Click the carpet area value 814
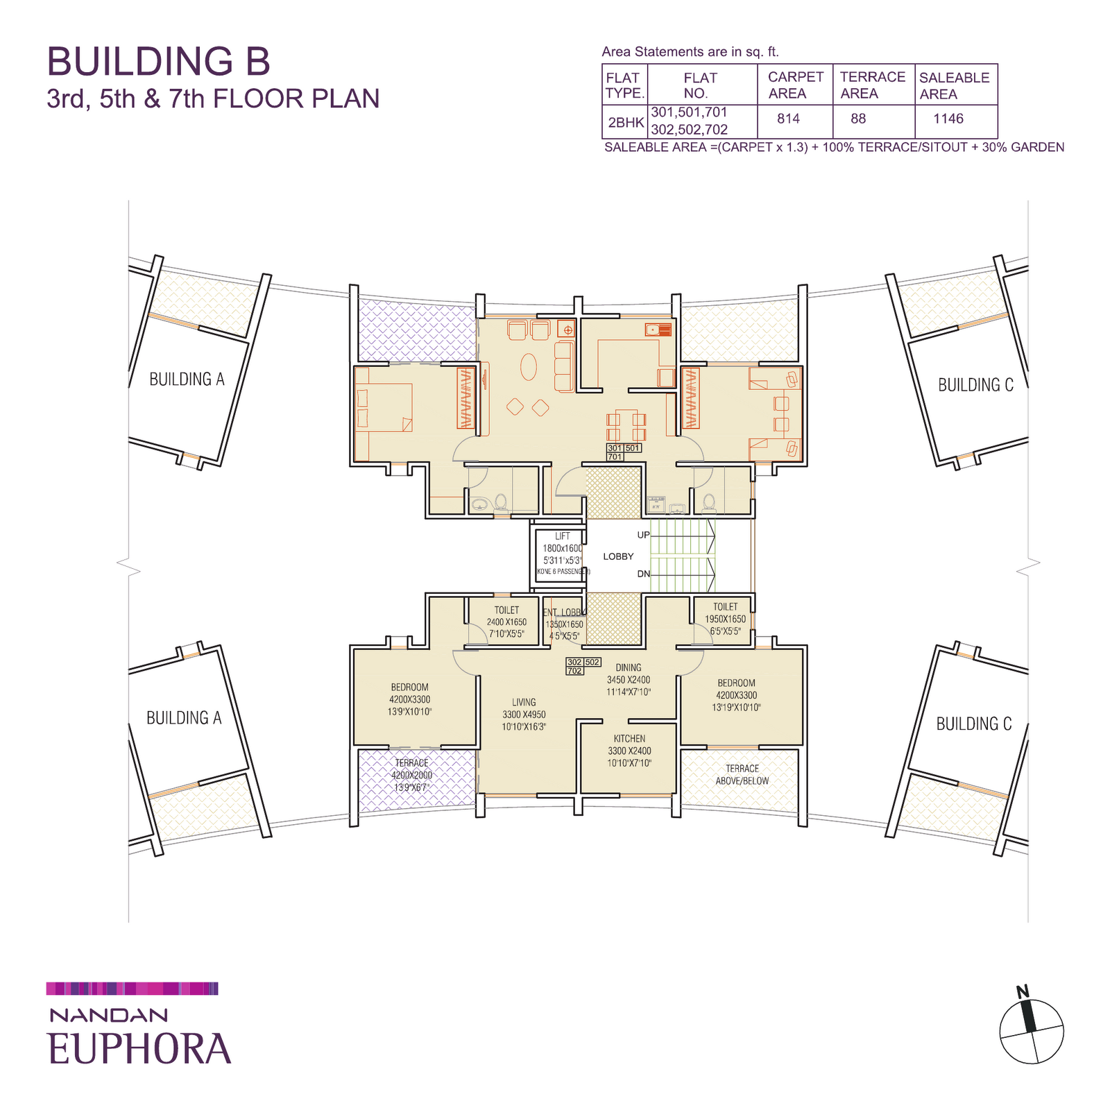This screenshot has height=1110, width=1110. click(x=788, y=119)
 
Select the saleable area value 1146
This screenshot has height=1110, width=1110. click(x=948, y=119)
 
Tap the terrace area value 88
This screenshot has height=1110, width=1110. click(x=858, y=119)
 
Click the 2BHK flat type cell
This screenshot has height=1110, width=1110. click(x=626, y=123)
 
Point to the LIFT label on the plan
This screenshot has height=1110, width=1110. click(x=562, y=536)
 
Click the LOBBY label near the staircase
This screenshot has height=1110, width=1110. click(x=618, y=556)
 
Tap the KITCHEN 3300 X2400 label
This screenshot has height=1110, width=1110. click(x=629, y=751)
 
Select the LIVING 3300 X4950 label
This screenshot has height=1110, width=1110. click(x=524, y=714)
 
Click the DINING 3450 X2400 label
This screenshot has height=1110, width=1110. click(x=629, y=679)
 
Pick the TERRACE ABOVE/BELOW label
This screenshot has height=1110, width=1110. click(x=742, y=774)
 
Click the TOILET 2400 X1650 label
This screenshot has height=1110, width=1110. click(x=506, y=622)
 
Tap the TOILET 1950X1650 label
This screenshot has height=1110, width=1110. click(x=726, y=619)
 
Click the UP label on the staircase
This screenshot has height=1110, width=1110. click(x=643, y=535)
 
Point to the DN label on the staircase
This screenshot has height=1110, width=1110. click(x=643, y=574)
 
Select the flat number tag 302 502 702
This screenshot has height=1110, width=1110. click(x=583, y=666)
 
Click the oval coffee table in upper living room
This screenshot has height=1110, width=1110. click(x=529, y=367)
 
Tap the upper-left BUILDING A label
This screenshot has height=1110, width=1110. click(x=187, y=379)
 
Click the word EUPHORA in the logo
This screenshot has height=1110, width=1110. click(x=139, y=1048)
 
